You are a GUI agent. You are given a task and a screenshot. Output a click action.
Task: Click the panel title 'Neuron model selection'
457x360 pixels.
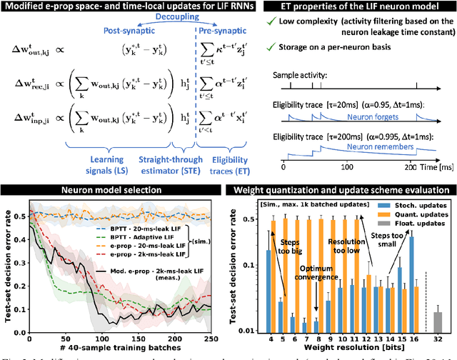pyautogui.click(x=111, y=191)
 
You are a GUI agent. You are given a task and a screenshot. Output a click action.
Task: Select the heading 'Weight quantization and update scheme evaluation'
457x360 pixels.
pyautogui.click(x=341, y=191)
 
